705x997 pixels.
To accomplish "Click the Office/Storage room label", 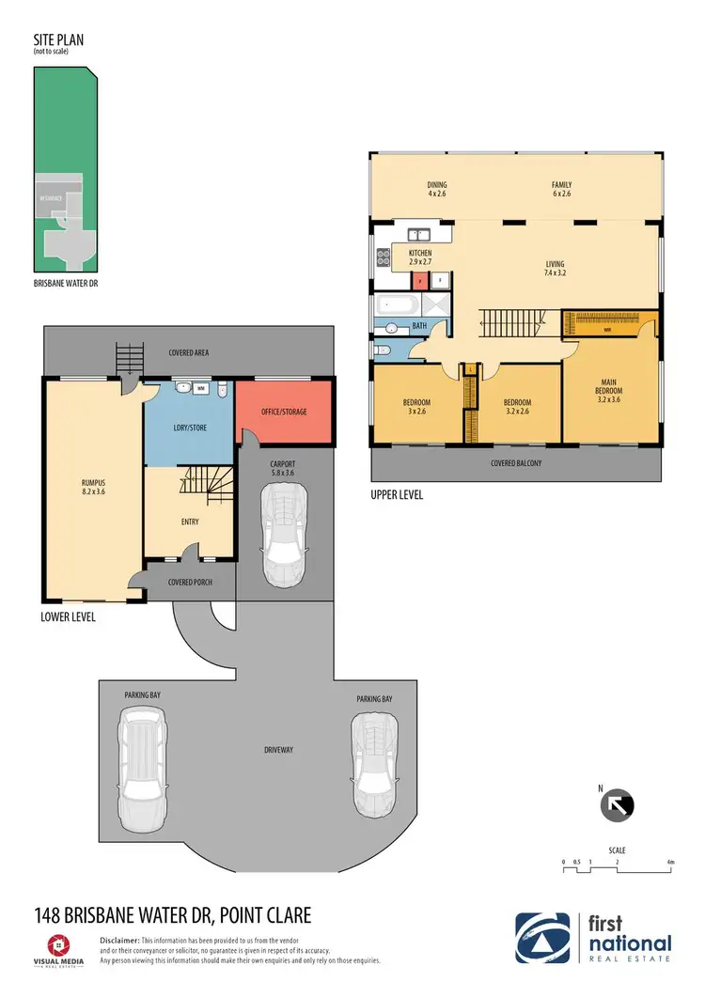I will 284,412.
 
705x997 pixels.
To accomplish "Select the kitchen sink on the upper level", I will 417,234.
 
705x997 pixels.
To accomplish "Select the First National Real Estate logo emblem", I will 542,937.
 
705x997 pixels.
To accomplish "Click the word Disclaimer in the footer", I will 119,940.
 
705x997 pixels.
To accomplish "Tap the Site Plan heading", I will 55,42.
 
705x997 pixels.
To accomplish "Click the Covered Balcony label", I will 516,463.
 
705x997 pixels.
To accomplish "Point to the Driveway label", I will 279,750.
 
